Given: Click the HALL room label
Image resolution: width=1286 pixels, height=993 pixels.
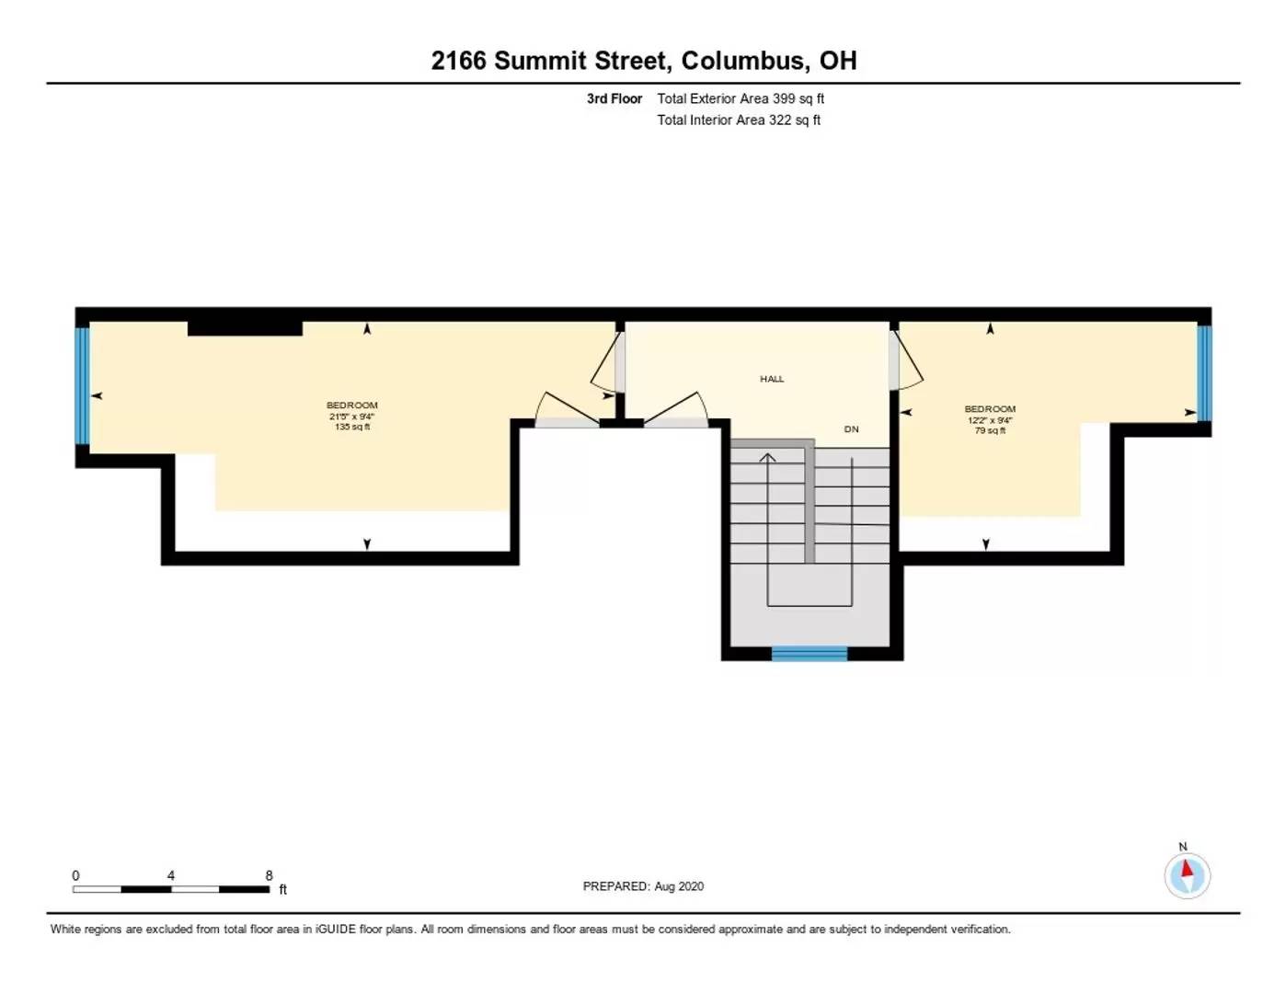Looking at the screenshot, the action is pos(772,379).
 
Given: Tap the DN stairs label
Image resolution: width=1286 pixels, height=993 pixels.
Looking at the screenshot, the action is pos(851,429).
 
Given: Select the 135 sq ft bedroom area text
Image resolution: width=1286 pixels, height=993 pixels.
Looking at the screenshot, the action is pos(352,427).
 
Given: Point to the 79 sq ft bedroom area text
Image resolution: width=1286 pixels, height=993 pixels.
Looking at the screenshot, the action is pos(990,430).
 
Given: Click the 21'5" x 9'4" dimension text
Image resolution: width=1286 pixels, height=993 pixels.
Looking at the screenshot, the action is pos(352,417).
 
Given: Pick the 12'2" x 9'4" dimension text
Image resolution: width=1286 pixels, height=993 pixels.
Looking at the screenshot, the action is pos(990,420).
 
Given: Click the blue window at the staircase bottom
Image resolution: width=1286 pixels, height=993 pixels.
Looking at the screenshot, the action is pos(809,654).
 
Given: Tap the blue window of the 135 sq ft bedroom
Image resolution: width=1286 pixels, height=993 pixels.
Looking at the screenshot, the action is pos(82,385).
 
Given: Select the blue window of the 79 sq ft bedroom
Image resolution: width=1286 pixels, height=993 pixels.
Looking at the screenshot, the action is pos(1204,373).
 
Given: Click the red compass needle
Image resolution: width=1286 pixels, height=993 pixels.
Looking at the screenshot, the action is pos(1187,868).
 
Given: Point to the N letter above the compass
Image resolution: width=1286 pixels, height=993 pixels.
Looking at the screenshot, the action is pos(1183,847).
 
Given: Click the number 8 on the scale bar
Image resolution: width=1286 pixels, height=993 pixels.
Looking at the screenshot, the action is pos(269,875).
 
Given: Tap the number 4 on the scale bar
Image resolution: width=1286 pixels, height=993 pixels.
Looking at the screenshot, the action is pos(171,875).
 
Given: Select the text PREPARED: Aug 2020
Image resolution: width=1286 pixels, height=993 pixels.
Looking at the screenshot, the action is pos(643,886).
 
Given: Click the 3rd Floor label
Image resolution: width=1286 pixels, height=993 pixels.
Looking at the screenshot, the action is pos(614,98).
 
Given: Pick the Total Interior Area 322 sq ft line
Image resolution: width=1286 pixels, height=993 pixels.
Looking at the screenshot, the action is pos(739,120).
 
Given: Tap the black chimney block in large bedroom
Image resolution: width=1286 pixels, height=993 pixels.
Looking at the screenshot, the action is pos(245,329).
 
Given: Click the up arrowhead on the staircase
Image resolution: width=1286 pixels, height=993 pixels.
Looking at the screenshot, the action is pos(767,457).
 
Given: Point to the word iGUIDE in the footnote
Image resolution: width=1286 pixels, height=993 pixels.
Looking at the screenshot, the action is pos(336,930).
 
